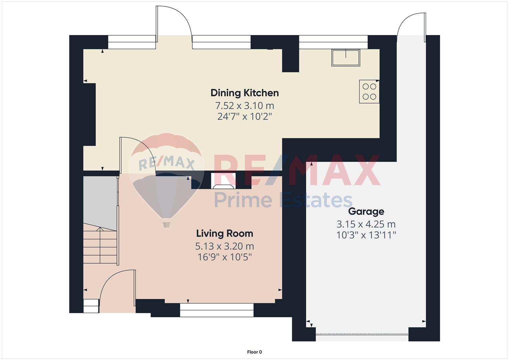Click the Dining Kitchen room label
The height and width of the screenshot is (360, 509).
point(245,93)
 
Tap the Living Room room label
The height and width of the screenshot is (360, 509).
point(225,234)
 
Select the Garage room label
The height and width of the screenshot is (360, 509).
point(366,212)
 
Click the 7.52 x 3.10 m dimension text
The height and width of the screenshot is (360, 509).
point(245,106)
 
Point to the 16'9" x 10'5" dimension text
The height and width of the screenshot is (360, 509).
point(225,257)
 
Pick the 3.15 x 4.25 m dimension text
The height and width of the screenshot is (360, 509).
point(366,224)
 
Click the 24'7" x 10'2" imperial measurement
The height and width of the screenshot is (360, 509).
point(245,117)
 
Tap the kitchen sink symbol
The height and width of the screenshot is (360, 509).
point(346,58)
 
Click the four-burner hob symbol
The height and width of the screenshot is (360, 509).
point(369,92)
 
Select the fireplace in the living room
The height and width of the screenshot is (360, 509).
point(223,181)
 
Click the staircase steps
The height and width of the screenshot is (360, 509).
point(100,243)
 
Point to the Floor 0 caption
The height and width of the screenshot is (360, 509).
point(254,352)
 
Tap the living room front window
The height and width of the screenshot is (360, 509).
point(217,310)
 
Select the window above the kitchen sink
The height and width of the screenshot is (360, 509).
point(333,42)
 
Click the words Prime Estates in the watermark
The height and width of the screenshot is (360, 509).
point(283,200)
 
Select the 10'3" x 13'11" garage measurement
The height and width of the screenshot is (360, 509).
point(366,235)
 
